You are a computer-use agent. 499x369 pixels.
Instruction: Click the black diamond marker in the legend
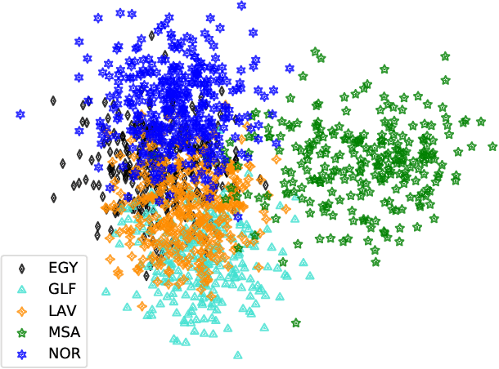click(22, 267)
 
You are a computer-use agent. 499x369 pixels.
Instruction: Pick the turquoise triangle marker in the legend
click(22, 289)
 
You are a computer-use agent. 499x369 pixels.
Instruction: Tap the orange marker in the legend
click(22, 311)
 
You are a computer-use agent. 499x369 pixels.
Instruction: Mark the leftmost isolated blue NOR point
click(20, 114)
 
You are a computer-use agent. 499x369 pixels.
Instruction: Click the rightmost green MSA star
click(492, 147)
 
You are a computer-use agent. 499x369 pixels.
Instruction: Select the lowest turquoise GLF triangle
click(238, 355)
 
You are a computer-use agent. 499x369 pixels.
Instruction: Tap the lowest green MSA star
click(296, 323)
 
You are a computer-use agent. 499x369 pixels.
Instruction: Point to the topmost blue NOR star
click(241, 6)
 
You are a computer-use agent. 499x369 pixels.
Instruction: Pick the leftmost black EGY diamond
click(53, 101)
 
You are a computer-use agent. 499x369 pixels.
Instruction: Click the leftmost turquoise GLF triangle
click(106, 291)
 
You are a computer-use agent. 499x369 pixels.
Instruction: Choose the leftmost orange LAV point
click(110, 260)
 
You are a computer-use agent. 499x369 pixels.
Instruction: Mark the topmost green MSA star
click(314, 51)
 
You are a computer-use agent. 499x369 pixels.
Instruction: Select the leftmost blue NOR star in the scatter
click(20, 114)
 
